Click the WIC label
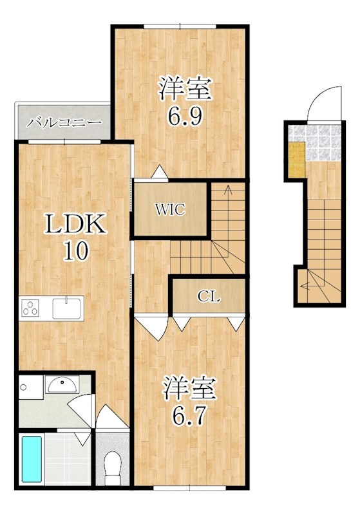pyautogui.click(x=170, y=210)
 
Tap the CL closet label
pyautogui.click(x=209, y=297)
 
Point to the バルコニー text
pyautogui.click(x=64, y=124)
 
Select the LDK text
pyautogui.click(x=76, y=223)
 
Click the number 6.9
pyautogui.click(x=185, y=115)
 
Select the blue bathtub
pyautogui.click(x=32, y=459)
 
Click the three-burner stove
pyautogui.click(x=30, y=308)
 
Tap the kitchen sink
pyautogui.click(x=67, y=308)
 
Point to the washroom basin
pyautogui.click(x=62, y=384)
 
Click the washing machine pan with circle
pyautogui.click(x=31, y=388)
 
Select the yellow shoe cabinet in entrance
pyautogui.click(x=297, y=160)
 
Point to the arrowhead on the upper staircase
pyautogui.click(x=227, y=189)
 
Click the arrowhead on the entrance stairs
pyautogui.click(x=304, y=286)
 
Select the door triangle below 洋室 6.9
pyautogui.click(x=159, y=172)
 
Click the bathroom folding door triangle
pyautogui.click(x=82, y=439)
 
